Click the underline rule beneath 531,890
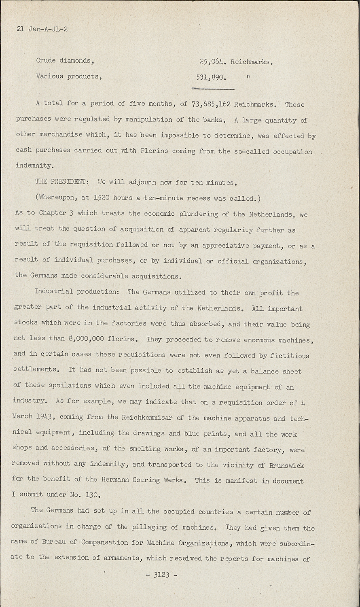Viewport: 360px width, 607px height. (x=213, y=88)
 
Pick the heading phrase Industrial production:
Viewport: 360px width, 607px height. (x=79, y=292)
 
